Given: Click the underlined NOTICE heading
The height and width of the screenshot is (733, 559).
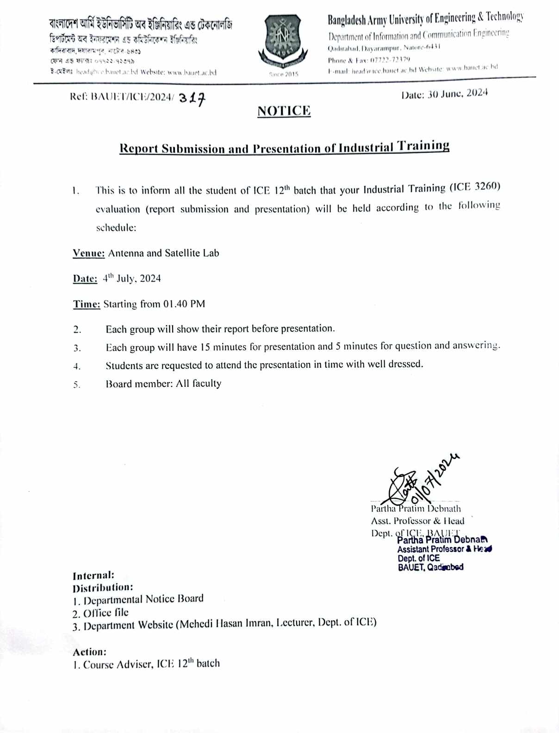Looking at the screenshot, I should (284, 111).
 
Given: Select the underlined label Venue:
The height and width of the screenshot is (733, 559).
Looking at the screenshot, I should (89, 253).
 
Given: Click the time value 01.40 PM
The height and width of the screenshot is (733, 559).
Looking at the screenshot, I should (184, 304).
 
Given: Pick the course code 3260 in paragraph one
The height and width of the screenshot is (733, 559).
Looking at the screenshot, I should (487, 186).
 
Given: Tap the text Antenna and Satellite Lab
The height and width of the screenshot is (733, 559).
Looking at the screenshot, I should (163, 253).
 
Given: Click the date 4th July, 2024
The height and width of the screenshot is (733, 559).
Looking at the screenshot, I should (132, 279).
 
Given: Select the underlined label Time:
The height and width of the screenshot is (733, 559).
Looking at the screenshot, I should (87, 304).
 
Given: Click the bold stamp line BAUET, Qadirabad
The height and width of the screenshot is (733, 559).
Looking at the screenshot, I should (430, 567).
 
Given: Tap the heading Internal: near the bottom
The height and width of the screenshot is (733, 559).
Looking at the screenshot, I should (93, 576).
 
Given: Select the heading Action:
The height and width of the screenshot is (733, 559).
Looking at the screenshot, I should (90, 652).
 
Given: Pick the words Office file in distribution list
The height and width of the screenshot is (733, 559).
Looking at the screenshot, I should (106, 613).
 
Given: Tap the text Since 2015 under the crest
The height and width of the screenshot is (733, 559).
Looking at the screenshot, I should (284, 74).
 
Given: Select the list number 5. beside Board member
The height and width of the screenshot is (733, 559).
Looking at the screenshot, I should (77, 385).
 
